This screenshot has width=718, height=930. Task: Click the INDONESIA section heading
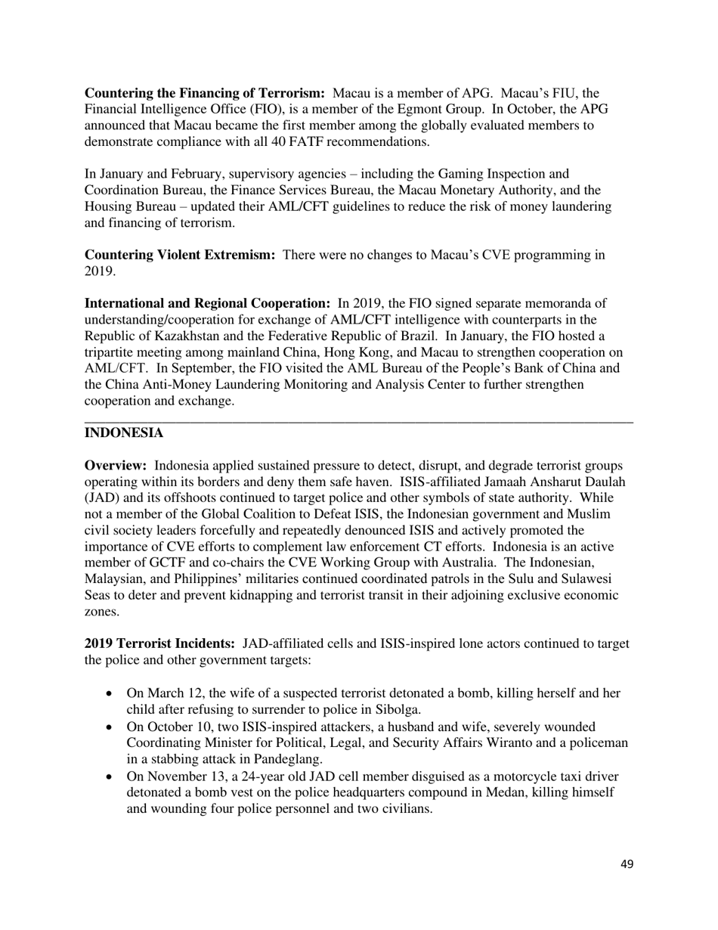123,433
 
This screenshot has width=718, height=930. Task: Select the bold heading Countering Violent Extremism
179,255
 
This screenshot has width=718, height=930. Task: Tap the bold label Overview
115,465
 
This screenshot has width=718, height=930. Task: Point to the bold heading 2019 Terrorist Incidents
159,643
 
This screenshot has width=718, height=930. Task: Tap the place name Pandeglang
283,759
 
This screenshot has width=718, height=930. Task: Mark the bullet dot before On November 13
111,777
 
